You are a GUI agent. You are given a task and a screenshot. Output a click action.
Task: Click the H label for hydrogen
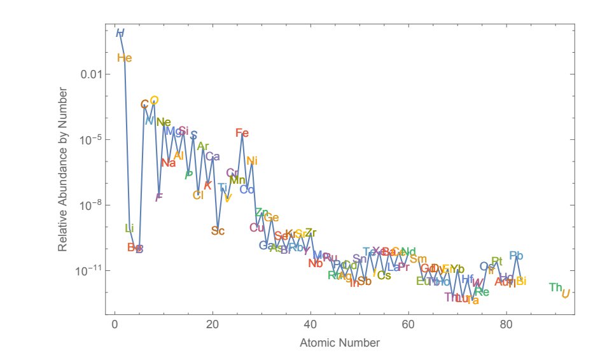(x=120, y=33)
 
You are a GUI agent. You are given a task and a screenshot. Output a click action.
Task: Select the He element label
(x=125, y=59)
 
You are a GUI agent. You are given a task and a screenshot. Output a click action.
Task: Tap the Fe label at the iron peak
(x=242, y=133)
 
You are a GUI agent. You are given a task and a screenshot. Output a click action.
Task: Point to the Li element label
(x=130, y=228)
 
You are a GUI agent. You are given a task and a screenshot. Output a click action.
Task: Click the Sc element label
(x=218, y=231)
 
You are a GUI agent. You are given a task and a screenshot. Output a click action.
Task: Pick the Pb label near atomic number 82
(x=516, y=256)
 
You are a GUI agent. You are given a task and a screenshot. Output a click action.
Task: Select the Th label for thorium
(x=555, y=287)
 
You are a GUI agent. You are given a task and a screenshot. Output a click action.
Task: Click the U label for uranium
(x=565, y=293)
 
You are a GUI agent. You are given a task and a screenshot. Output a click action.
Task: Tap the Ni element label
(x=252, y=161)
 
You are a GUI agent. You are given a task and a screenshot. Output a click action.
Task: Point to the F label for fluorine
(x=159, y=197)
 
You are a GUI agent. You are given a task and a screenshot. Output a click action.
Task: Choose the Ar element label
(x=203, y=147)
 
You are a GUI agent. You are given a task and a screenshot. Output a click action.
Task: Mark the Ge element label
(x=272, y=218)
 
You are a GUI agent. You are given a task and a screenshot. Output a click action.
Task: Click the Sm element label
(x=418, y=259)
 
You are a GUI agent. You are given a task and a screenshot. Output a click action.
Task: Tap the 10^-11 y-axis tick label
(x=88, y=271)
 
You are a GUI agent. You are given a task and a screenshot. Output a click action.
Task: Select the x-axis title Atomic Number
(x=340, y=343)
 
